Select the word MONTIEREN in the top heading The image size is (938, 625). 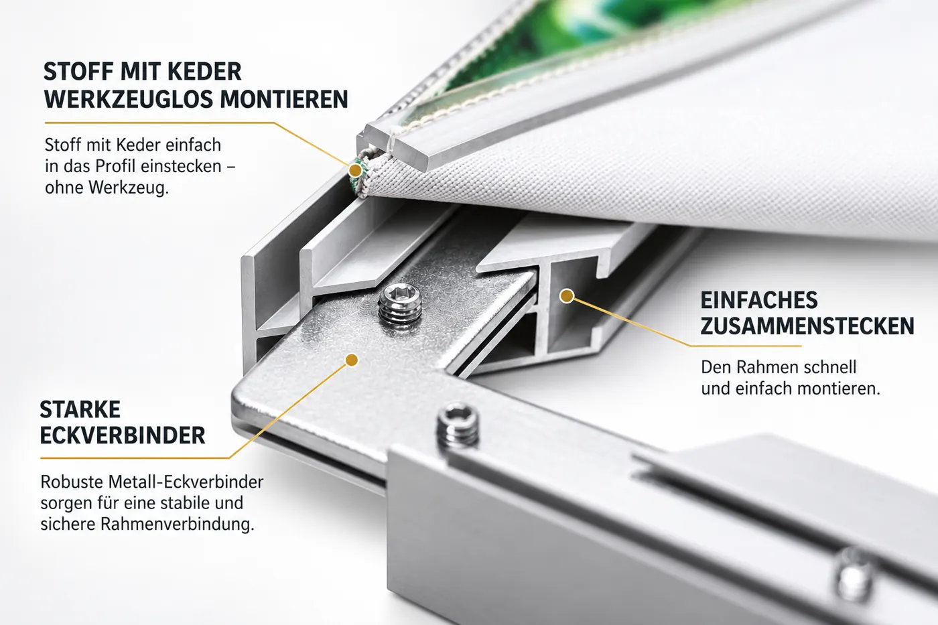point(284,99)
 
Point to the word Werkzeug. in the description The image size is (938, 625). point(129,188)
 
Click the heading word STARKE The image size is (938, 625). point(80,409)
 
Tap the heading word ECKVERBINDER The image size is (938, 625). point(123,436)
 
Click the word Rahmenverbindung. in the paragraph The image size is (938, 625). point(178,524)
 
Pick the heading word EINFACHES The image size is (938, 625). point(759,300)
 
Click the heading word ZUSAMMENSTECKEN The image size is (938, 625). point(807,326)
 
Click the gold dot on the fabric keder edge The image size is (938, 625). point(355,170)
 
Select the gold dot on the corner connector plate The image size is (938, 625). point(352,360)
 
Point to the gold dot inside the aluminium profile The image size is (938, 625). point(567,296)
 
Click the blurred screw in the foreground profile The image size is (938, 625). point(856,575)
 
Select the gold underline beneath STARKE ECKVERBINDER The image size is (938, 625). point(135,458)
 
